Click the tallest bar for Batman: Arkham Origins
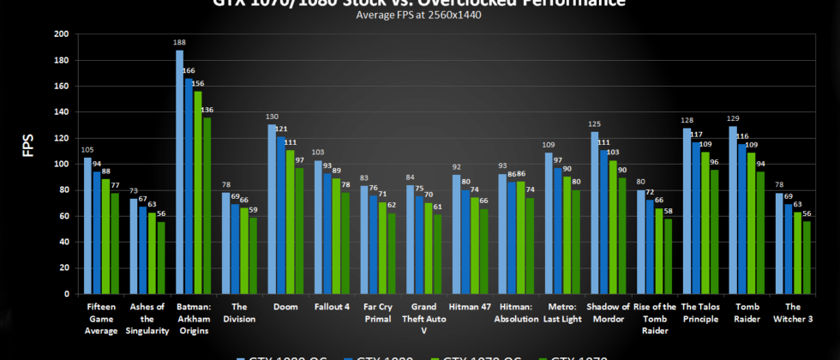(x=180, y=171)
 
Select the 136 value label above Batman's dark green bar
(x=207, y=110)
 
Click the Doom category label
(x=286, y=306)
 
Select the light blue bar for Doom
(x=272, y=209)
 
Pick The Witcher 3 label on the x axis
(x=792, y=312)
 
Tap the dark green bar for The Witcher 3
(x=807, y=257)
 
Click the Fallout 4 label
(x=332, y=306)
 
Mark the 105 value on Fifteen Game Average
(x=87, y=150)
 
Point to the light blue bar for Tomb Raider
(x=733, y=210)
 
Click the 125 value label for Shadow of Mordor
(x=593, y=124)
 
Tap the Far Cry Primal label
(x=378, y=312)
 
